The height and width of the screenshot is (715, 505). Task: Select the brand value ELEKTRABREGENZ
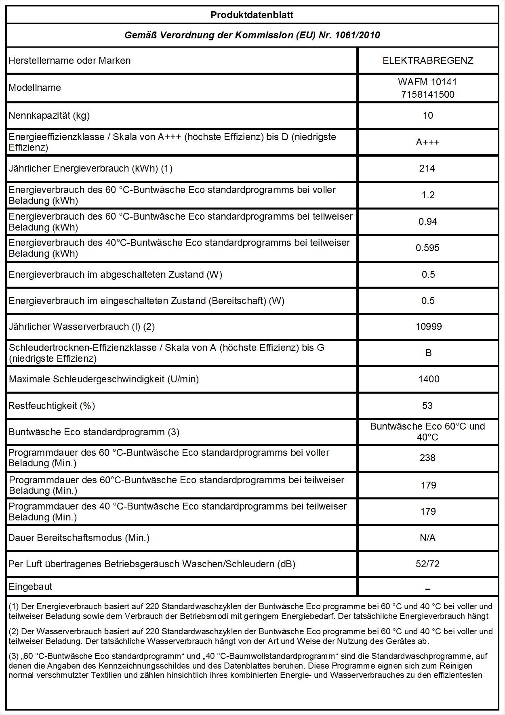pyautogui.click(x=428, y=61)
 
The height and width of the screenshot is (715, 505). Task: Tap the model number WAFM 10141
pyautogui.click(x=427, y=82)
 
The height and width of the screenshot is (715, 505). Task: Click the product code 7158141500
pyautogui.click(x=427, y=94)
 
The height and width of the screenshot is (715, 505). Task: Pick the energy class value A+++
pyautogui.click(x=428, y=142)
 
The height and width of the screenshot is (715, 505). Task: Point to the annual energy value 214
pyautogui.click(x=427, y=168)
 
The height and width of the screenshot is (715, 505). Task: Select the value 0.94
pyautogui.click(x=428, y=222)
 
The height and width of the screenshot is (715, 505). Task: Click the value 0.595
pyautogui.click(x=428, y=248)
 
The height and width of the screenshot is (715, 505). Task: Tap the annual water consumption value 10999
pyautogui.click(x=429, y=327)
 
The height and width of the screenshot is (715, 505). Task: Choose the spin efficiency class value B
pyautogui.click(x=429, y=353)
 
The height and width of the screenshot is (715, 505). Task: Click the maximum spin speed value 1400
pyautogui.click(x=429, y=379)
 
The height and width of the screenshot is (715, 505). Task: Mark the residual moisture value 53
pyautogui.click(x=427, y=406)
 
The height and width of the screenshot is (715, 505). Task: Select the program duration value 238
pyautogui.click(x=428, y=458)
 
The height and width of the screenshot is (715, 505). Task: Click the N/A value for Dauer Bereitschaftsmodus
pyautogui.click(x=428, y=538)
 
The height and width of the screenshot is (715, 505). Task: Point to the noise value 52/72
pyautogui.click(x=428, y=564)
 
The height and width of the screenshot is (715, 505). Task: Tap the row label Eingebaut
pyautogui.click(x=30, y=587)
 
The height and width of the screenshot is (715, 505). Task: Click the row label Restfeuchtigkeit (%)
pyautogui.click(x=52, y=406)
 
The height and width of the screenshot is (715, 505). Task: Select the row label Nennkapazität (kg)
pyautogui.click(x=49, y=115)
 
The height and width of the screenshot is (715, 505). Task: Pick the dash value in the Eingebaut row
pyautogui.click(x=428, y=589)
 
